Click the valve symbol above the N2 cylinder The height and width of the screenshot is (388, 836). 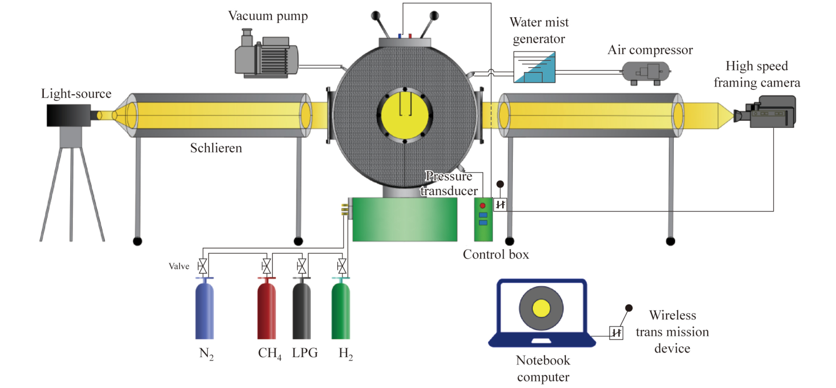[203, 266]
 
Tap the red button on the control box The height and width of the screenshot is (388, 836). [482, 205]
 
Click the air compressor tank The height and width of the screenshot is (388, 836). [646, 71]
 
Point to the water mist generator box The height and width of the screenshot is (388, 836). [534, 67]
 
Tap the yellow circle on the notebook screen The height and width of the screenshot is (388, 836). [541, 308]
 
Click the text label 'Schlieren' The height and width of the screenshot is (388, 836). [216, 148]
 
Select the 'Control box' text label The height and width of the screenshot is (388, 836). [495, 254]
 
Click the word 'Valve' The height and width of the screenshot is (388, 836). [179, 266]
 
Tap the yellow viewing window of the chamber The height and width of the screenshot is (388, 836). [404, 115]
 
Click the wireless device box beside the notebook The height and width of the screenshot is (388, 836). [616, 333]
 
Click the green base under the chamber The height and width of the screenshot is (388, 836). [405, 219]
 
